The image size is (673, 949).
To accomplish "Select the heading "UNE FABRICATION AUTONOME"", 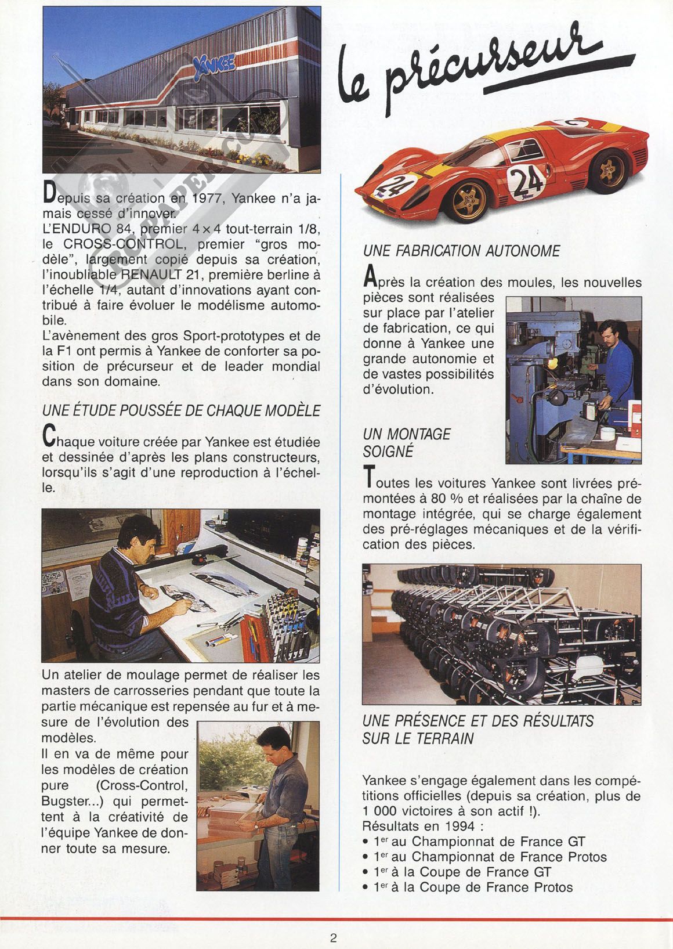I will (461, 251).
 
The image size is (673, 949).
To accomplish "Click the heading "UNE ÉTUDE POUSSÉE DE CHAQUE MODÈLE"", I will (181, 410).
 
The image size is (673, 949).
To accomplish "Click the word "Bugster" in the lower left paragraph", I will (63, 802).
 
